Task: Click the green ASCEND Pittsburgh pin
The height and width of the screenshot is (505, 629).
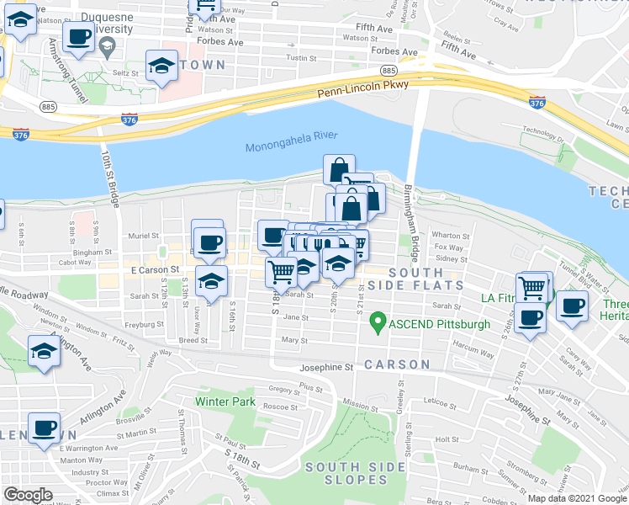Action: (x=378, y=321)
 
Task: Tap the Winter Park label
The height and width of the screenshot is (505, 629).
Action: (x=225, y=401)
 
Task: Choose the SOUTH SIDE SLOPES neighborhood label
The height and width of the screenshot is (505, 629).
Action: (x=346, y=473)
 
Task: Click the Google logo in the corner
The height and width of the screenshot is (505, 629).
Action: (x=28, y=495)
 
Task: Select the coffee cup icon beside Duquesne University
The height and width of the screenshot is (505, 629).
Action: (x=78, y=38)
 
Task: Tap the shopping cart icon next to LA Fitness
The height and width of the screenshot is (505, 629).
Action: (x=532, y=288)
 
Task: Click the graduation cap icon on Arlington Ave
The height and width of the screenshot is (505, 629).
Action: (x=44, y=353)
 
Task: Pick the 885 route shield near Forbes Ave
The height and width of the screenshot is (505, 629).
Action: (x=388, y=70)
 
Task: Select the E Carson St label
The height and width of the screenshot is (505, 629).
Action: (x=156, y=270)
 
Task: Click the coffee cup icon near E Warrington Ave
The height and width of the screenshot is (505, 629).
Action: (x=44, y=428)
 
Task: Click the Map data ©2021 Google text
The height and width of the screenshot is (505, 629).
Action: (x=576, y=497)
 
